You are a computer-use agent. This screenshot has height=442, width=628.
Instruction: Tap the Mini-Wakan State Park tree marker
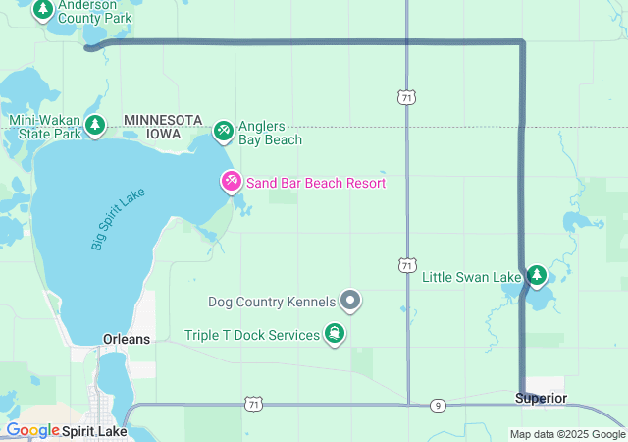(x=95, y=125)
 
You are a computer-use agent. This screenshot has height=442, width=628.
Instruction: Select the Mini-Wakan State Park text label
(x=43, y=128)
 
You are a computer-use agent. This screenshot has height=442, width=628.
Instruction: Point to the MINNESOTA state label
(x=163, y=119)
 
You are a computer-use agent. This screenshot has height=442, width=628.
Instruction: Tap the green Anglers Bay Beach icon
(x=223, y=130)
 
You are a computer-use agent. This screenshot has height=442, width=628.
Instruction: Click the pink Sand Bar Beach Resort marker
(x=231, y=182)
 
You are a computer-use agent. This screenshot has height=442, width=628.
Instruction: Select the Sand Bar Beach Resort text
(x=315, y=183)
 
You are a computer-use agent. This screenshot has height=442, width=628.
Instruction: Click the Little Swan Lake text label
(x=471, y=278)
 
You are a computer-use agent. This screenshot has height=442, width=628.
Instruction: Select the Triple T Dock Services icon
(x=336, y=335)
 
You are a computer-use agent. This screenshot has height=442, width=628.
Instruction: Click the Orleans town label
(x=127, y=339)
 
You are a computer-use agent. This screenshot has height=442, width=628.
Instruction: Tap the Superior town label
(x=541, y=398)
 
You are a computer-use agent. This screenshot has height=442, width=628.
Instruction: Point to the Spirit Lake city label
(x=94, y=430)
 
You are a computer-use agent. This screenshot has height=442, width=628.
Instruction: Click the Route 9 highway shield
(x=438, y=405)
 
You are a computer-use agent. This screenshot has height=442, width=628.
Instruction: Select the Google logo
(x=32, y=430)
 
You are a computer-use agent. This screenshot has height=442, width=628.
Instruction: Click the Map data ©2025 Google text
(x=566, y=434)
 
